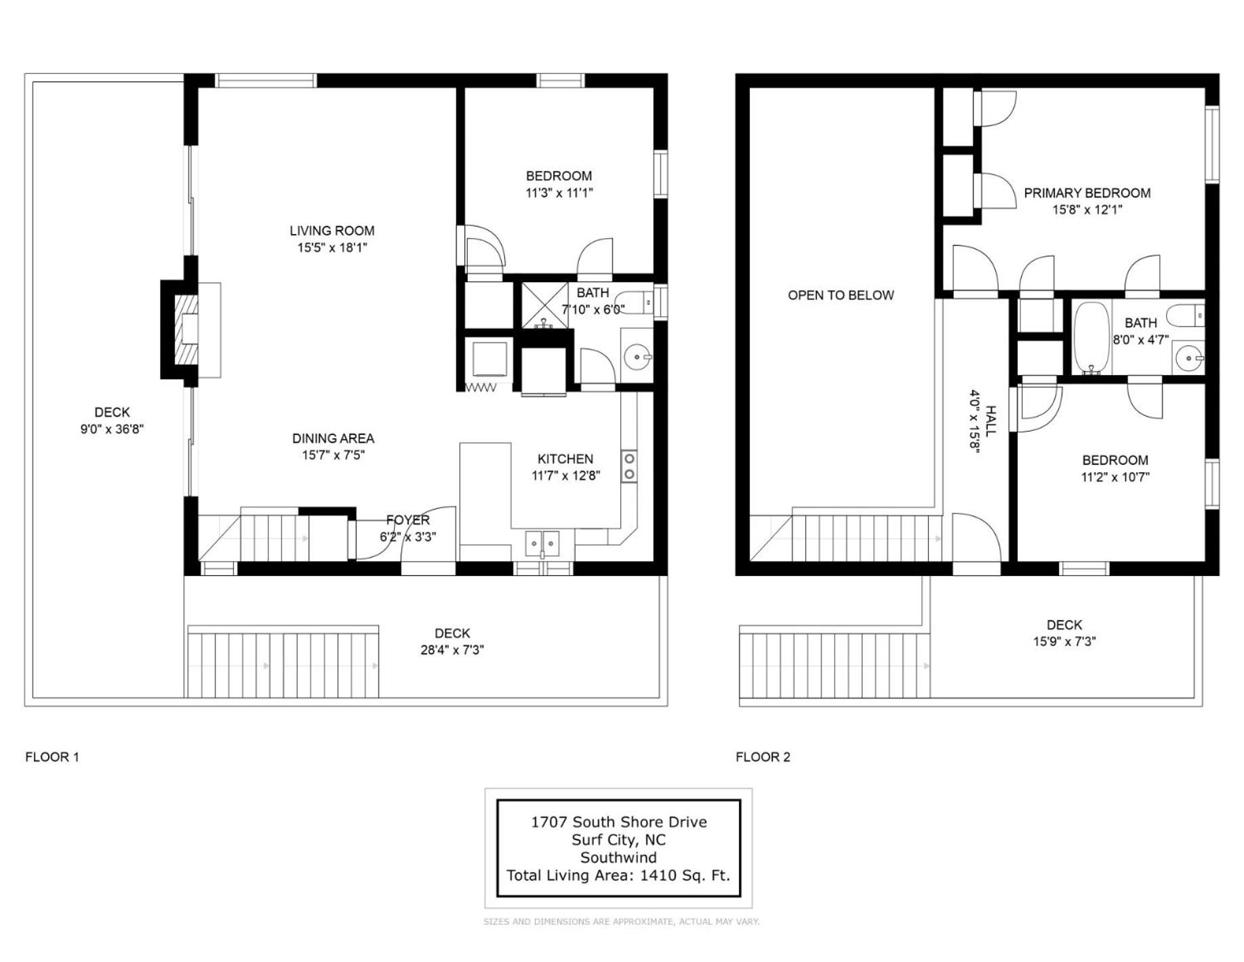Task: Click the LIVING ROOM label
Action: tap(332, 231)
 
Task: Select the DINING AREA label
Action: tap(333, 438)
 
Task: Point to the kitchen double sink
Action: tap(542, 543)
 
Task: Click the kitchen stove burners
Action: tap(629, 466)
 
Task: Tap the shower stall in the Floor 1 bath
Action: tap(544, 305)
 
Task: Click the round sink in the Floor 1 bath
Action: tap(637, 356)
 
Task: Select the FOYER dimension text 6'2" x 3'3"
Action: tap(407, 537)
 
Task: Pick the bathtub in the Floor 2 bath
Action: tap(1091, 338)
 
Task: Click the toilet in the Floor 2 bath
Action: tap(1185, 315)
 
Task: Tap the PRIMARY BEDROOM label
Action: tap(1087, 193)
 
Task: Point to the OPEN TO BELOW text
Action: tap(841, 295)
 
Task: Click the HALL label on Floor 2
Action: tap(990, 421)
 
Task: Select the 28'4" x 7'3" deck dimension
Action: tap(452, 650)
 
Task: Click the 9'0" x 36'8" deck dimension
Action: tap(112, 429)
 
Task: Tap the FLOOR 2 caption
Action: tap(763, 757)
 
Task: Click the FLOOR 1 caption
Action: tap(52, 757)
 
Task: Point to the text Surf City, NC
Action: tap(618, 840)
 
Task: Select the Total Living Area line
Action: tap(618, 875)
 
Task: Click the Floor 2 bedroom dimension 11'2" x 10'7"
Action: tap(1115, 477)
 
